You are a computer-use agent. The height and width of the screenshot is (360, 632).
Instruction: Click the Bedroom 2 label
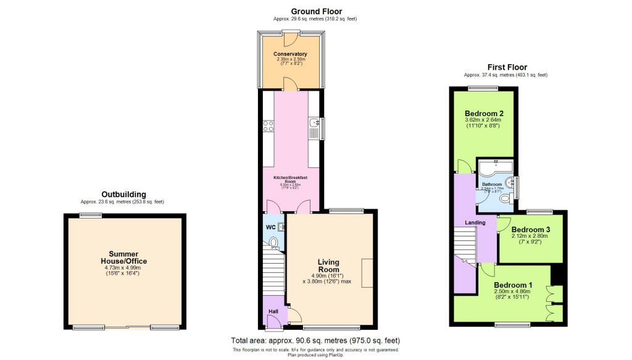[484, 114]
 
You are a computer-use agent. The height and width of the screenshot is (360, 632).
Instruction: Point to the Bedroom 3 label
[531, 230]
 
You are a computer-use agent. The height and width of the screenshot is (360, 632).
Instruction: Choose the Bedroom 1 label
[513, 285]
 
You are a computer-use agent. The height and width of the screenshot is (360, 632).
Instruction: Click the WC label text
[270, 227]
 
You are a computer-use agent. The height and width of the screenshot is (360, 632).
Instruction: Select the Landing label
[475, 222]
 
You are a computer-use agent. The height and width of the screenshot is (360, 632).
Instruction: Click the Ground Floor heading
[315, 11]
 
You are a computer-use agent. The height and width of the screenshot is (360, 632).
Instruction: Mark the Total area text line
[315, 340]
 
